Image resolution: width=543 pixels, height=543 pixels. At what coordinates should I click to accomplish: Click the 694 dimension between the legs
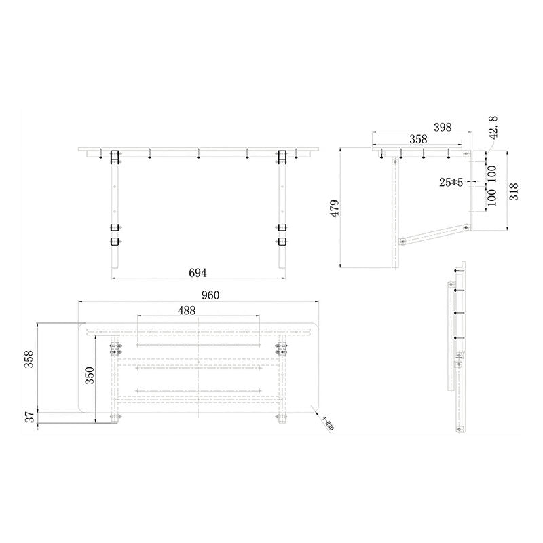(x=198, y=272)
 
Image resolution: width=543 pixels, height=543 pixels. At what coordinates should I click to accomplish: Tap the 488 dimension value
(x=187, y=310)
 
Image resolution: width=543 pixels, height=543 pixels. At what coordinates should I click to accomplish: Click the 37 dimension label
(x=29, y=419)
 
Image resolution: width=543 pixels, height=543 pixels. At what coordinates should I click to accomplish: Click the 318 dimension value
(x=514, y=193)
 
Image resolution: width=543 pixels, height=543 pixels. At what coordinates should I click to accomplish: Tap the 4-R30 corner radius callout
(x=327, y=424)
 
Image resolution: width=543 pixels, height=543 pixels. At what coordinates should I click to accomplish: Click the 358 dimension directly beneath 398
(x=419, y=139)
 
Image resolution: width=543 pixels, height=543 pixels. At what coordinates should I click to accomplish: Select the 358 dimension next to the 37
(x=29, y=360)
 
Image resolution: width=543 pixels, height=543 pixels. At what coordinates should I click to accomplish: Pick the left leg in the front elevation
(x=114, y=217)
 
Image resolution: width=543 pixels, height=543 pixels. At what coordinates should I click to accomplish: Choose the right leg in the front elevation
(x=282, y=217)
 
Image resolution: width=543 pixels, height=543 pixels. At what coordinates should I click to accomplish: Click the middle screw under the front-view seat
(x=198, y=156)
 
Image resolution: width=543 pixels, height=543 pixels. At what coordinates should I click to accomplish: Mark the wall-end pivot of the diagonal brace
(x=467, y=227)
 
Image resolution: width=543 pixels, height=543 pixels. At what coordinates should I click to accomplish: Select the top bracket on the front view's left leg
(x=114, y=157)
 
